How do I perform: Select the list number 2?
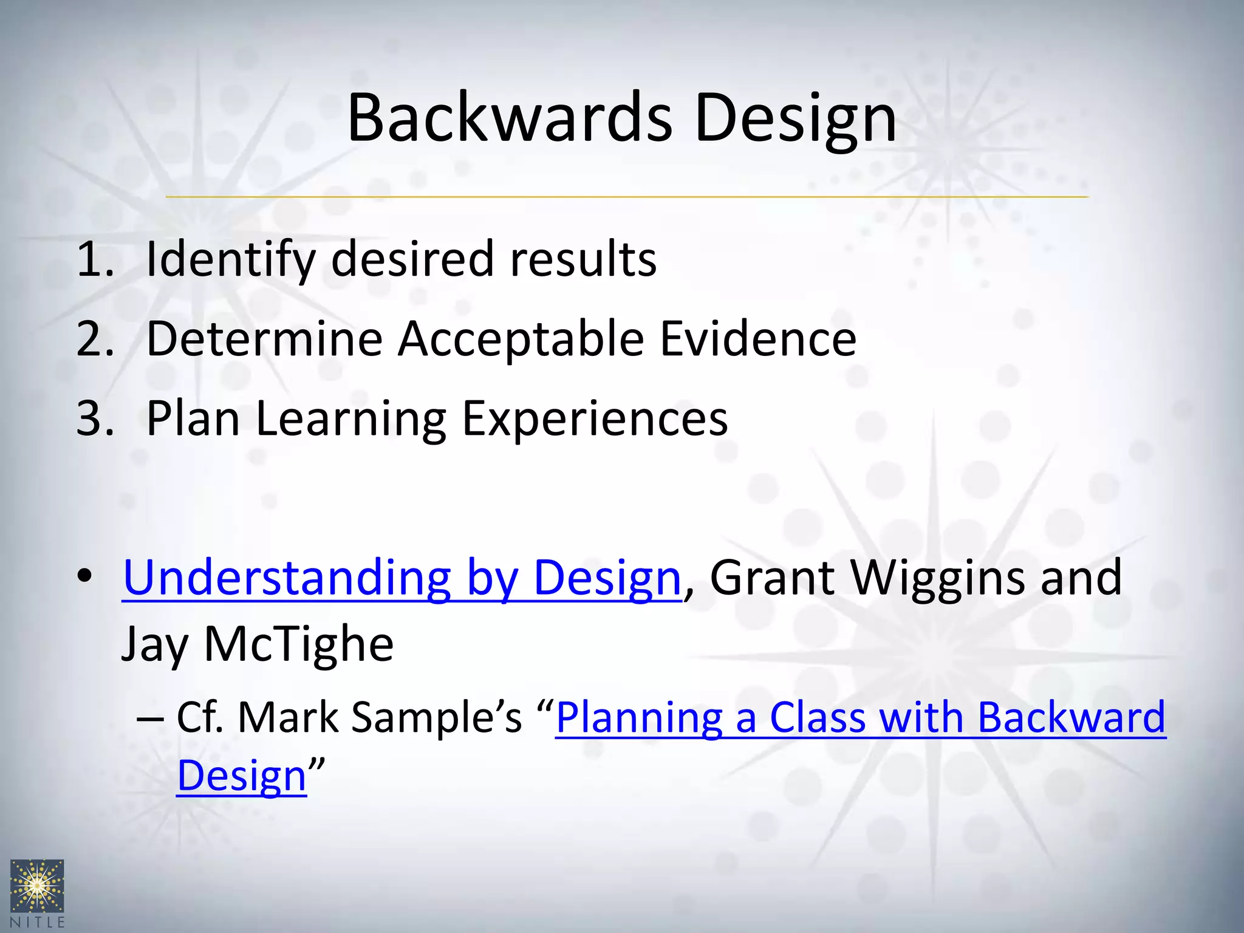(94, 339)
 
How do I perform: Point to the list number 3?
(94, 419)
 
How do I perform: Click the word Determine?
(264, 339)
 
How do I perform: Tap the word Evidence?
(757, 339)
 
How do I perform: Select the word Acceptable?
(521, 339)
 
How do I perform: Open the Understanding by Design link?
(401, 578)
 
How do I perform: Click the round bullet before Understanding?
(84, 575)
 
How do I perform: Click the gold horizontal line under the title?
(626, 197)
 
